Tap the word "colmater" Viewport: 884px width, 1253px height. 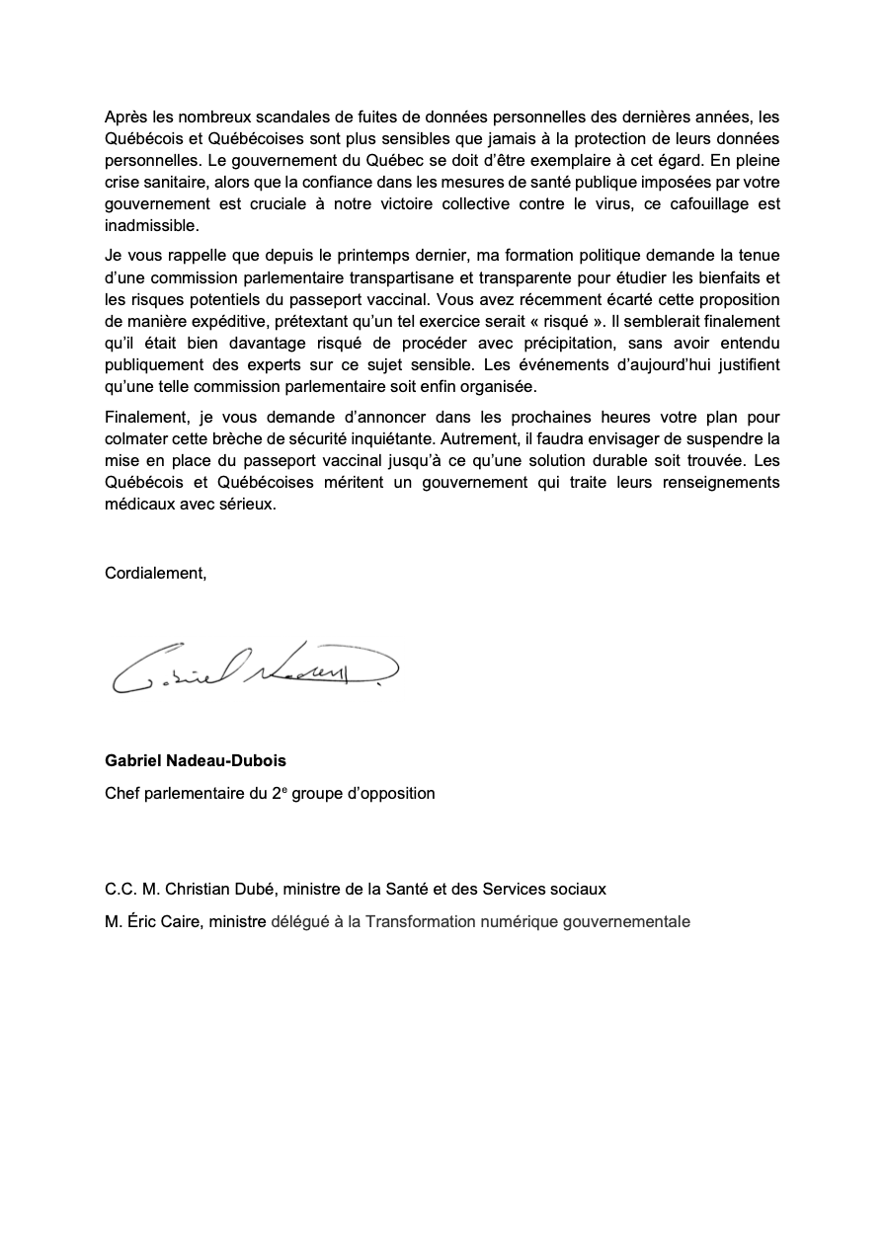click(x=136, y=438)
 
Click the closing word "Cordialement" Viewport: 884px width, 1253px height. click(x=155, y=573)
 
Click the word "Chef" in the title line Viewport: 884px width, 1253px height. click(x=122, y=793)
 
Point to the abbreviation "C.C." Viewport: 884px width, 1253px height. click(x=122, y=889)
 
